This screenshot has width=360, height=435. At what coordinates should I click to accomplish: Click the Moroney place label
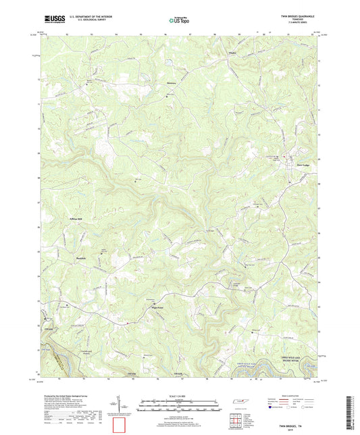tap(170, 84)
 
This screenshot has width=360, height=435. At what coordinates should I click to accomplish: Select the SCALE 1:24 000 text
tap(179, 396)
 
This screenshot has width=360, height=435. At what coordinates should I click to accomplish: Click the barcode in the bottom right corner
tap(351, 413)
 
